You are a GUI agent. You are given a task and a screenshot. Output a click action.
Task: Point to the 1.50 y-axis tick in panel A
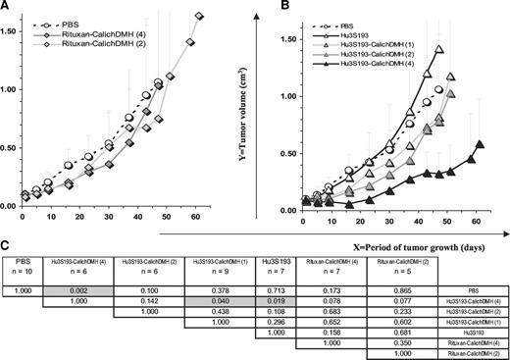pyautogui.click(x=16, y=31)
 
